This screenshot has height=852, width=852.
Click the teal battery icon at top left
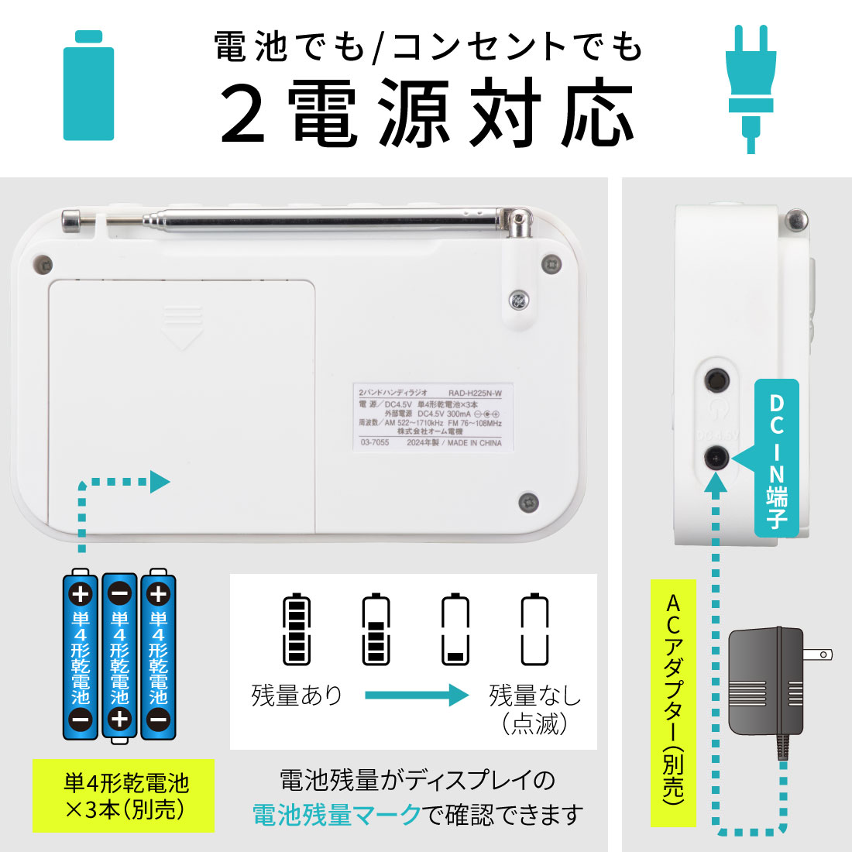pos(88,86)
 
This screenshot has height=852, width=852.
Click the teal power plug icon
pos(750,85)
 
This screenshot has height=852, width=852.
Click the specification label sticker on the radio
pos(431,417)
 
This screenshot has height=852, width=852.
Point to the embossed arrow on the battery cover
pos(181,326)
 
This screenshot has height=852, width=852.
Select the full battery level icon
pos(297,630)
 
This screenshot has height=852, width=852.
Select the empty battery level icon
pos(534,630)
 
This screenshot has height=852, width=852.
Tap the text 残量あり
pos(297,695)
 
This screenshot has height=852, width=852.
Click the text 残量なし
pos(534,695)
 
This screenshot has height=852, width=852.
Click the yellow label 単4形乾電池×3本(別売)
pos(124,796)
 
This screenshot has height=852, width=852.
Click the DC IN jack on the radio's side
pos(716,458)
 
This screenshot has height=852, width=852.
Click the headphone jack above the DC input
pos(716,380)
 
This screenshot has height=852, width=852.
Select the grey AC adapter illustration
pos(767,682)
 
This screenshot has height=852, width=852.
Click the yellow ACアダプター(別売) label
pos(673,702)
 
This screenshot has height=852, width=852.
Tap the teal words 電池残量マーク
pos(337,815)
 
